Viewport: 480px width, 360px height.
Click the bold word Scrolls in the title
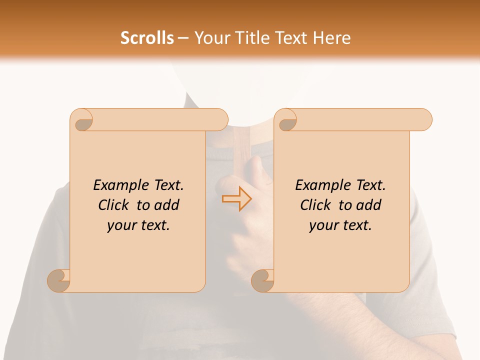(x=147, y=38)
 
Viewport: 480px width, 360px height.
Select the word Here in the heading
(x=332, y=38)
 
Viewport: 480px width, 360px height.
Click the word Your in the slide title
(x=210, y=38)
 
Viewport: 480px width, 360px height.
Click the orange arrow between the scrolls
(x=236, y=198)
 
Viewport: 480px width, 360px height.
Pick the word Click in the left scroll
(x=113, y=205)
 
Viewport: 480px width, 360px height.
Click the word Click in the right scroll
(x=315, y=205)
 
